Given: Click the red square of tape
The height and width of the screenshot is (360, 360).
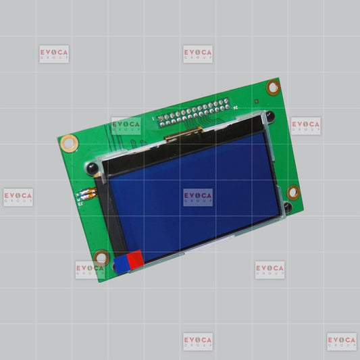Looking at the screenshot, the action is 136,259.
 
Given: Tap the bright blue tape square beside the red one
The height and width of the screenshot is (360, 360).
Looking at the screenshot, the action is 122,265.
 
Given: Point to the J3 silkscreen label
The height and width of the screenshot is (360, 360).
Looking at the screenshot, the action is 80,204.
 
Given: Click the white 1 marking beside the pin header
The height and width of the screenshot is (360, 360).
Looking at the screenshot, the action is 153,119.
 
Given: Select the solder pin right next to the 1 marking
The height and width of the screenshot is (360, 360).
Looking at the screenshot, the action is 161,118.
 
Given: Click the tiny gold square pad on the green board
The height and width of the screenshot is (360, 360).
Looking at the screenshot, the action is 257,101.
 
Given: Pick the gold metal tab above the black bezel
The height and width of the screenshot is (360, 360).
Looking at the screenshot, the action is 183,134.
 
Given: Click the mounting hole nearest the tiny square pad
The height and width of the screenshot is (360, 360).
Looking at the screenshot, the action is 274,87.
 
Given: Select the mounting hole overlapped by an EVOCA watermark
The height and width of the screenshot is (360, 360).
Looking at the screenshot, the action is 101,258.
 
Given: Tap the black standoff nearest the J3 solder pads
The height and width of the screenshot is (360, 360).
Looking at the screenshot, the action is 93,168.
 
